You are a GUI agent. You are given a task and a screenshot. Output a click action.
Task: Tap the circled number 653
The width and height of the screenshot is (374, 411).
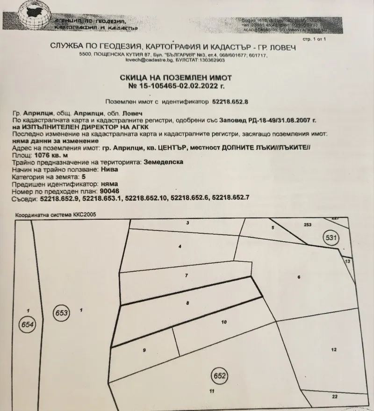tap(62, 312)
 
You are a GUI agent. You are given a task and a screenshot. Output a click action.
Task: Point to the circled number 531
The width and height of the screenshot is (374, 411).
tap(331, 238)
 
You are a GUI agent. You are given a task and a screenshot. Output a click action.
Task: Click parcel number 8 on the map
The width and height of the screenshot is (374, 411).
tap(187, 303)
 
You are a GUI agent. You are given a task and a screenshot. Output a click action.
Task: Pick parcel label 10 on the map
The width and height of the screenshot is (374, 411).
tap(224, 322)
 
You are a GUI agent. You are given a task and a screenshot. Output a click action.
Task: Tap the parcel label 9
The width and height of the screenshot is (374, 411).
tap(144, 350)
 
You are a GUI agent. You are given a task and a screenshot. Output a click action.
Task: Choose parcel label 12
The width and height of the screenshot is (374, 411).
tap(333, 349)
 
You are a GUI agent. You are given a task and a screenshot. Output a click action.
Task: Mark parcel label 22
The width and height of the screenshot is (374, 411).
tap(334, 397)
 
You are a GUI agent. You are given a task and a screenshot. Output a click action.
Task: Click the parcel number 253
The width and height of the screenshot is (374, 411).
tap(307, 225)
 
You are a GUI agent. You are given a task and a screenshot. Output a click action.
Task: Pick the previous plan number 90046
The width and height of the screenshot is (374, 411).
tap(109, 191)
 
